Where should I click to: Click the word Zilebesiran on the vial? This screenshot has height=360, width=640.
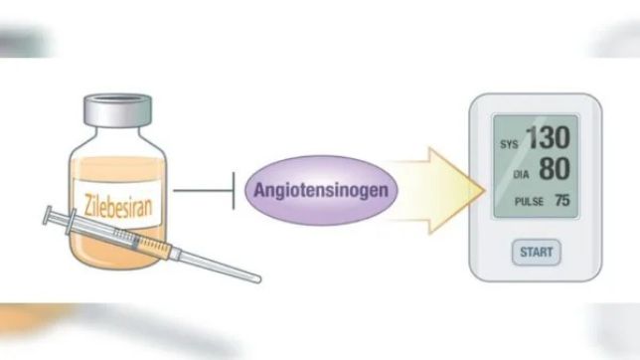(118, 206)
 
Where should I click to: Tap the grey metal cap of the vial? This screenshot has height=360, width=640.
(117, 109)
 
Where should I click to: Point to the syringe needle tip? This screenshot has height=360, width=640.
(258, 279)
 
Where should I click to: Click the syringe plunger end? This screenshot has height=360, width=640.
(47, 215)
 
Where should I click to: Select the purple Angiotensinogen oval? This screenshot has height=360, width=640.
(321, 190)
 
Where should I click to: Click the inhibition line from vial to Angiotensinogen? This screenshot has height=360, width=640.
(204, 190)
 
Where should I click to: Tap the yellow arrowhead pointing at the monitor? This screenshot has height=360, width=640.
(456, 191)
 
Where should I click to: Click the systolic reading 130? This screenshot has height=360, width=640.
(549, 137)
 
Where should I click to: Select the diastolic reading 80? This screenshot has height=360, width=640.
(555, 168)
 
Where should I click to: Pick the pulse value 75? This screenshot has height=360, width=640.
(562, 200)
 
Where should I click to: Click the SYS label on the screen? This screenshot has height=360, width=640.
(509, 144)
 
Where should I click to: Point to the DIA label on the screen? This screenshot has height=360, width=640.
(521, 175)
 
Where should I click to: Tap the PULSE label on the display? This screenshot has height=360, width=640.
(529, 202)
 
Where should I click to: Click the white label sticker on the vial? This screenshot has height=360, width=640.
(117, 203)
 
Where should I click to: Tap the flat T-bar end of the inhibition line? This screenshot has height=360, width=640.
(234, 190)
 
